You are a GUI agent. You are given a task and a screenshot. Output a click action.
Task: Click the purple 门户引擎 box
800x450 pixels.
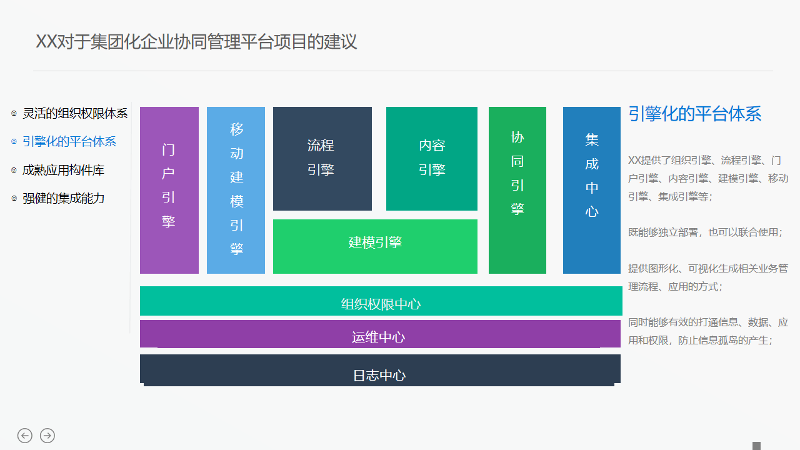click(x=169, y=190)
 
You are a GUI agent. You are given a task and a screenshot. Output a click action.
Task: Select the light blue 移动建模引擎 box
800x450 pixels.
click(x=236, y=190)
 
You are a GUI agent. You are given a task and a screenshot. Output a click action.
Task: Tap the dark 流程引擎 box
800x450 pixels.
click(x=322, y=158)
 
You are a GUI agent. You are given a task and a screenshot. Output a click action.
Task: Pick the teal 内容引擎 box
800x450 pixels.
click(x=431, y=158)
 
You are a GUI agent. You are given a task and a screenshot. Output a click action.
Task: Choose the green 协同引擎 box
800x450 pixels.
click(x=517, y=190)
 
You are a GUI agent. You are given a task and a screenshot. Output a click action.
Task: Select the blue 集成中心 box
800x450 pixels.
click(x=591, y=190)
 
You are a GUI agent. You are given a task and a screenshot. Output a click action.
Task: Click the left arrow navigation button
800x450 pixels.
click(x=25, y=436)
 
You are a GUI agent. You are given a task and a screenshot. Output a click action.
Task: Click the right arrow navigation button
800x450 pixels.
click(x=47, y=436)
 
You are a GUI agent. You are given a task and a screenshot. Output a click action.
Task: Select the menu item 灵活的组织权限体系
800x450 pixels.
click(x=75, y=113)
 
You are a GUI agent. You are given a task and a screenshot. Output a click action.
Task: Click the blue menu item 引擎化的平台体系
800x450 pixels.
click(x=69, y=142)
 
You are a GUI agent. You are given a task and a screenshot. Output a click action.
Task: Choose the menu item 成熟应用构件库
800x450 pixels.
click(x=64, y=170)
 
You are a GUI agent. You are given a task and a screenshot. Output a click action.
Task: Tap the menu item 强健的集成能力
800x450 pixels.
click(x=64, y=198)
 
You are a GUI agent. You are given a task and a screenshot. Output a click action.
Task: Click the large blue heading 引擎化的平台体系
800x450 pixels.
click(x=694, y=114)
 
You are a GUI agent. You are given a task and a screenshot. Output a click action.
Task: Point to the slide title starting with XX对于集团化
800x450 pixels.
click(x=196, y=42)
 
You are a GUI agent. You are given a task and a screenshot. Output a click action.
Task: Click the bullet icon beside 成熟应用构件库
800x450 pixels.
click(x=14, y=170)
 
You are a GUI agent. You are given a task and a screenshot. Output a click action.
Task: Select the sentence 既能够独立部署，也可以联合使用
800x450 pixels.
click(x=705, y=232)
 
